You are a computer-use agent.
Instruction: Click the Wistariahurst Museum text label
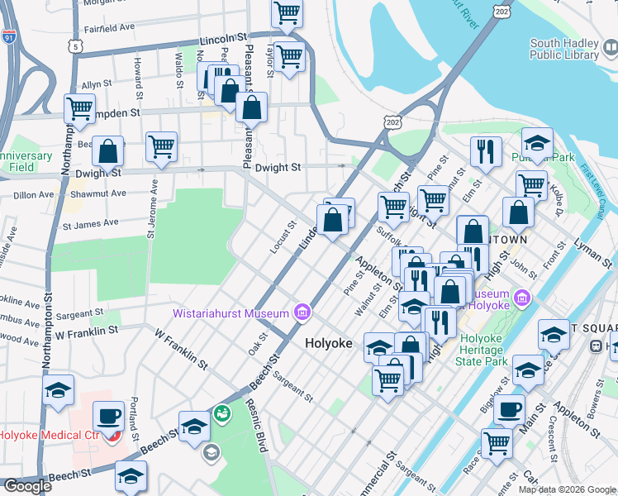click(x=231, y=312)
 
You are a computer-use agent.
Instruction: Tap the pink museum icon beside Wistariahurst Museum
click(x=302, y=312)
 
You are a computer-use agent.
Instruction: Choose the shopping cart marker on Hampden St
click(x=80, y=107)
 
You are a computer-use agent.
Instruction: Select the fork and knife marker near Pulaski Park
click(x=484, y=151)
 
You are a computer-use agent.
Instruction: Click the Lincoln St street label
click(x=223, y=39)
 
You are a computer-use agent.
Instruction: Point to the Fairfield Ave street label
click(x=107, y=27)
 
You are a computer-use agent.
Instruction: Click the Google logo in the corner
click(x=27, y=486)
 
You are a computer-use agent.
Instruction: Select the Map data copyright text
click(x=566, y=489)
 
